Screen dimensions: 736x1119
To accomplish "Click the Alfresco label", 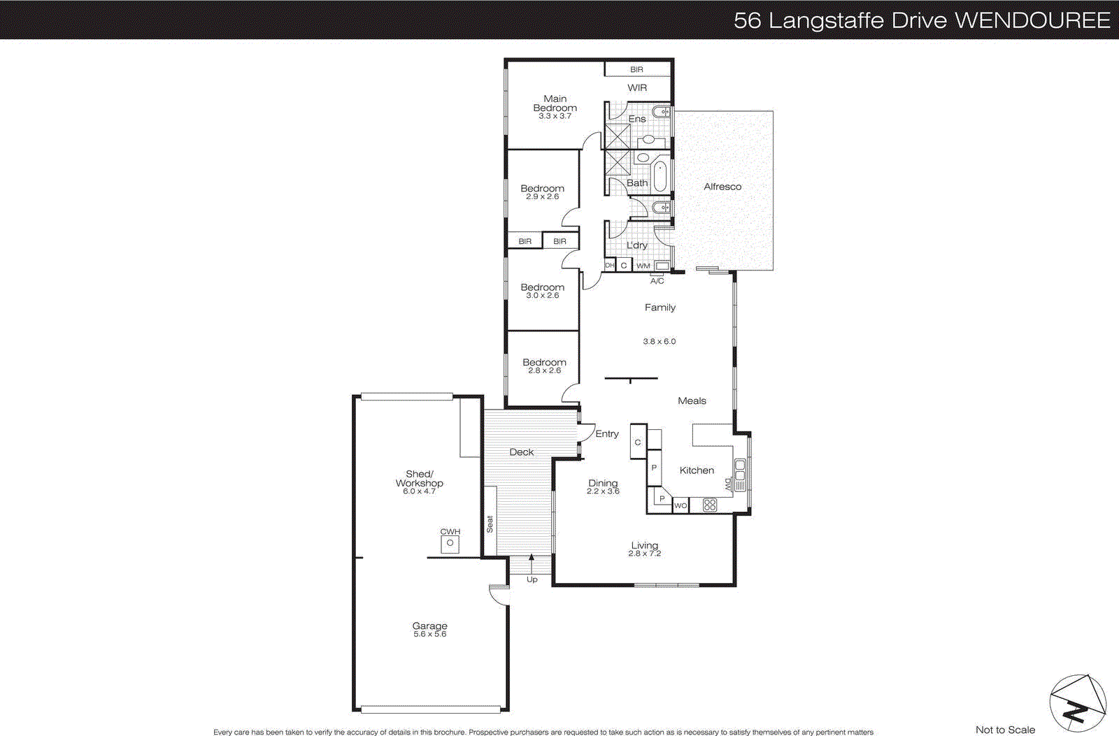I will [722, 187].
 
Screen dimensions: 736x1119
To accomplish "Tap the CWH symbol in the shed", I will [450, 543].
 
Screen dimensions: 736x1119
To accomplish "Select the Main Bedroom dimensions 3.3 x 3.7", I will [555, 116].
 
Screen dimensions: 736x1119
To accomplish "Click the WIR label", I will [637, 87].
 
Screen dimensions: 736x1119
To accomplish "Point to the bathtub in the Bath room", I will [660, 175].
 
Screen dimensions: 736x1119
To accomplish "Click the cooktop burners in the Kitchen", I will [709, 505].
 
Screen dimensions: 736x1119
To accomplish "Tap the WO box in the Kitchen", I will [680, 505].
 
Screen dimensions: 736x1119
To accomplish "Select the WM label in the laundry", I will [643, 266].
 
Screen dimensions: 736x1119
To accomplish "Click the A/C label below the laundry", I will [657, 281].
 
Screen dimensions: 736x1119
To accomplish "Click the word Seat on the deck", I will [490, 524].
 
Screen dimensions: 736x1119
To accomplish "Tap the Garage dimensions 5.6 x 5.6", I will [429, 635].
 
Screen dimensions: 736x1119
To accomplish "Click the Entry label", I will [607, 433].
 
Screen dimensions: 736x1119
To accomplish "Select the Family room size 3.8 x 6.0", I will [659, 342].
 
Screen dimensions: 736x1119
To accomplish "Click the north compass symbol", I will [1077, 703].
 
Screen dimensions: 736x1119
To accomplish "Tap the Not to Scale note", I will [1005, 730].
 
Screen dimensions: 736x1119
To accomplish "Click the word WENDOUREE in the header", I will [1032, 20].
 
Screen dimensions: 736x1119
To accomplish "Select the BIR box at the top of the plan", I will [636, 69].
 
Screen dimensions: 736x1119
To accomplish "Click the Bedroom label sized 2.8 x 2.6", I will [544, 362].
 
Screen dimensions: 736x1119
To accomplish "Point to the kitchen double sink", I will [740, 470].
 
